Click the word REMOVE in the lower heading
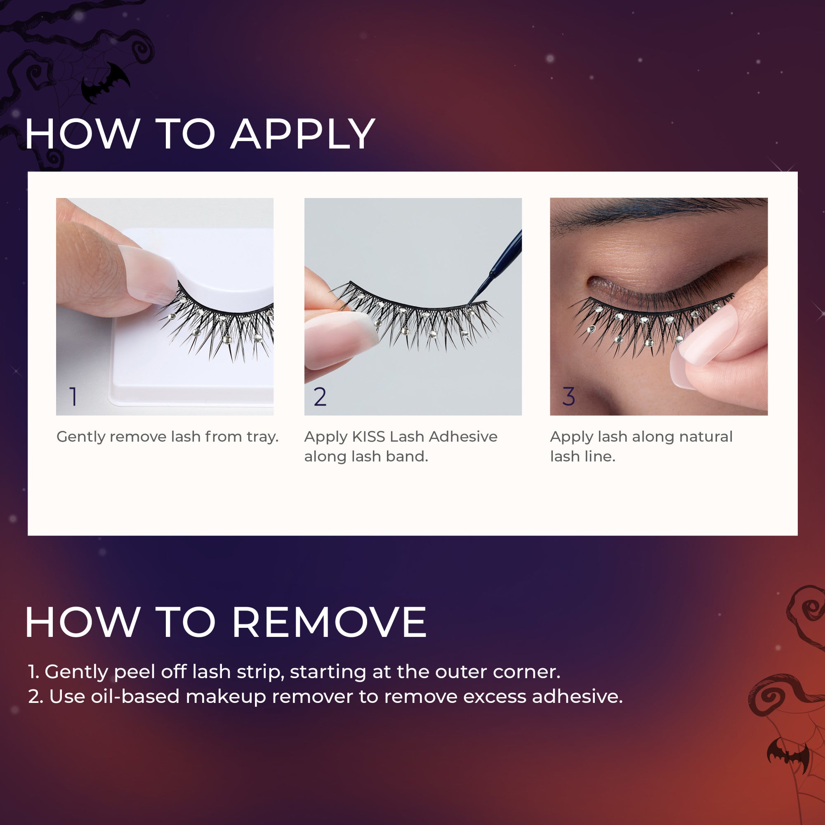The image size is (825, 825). [x=329, y=622]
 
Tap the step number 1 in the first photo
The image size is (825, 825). [x=73, y=397]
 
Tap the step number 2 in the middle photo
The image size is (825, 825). [x=320, y=397]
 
